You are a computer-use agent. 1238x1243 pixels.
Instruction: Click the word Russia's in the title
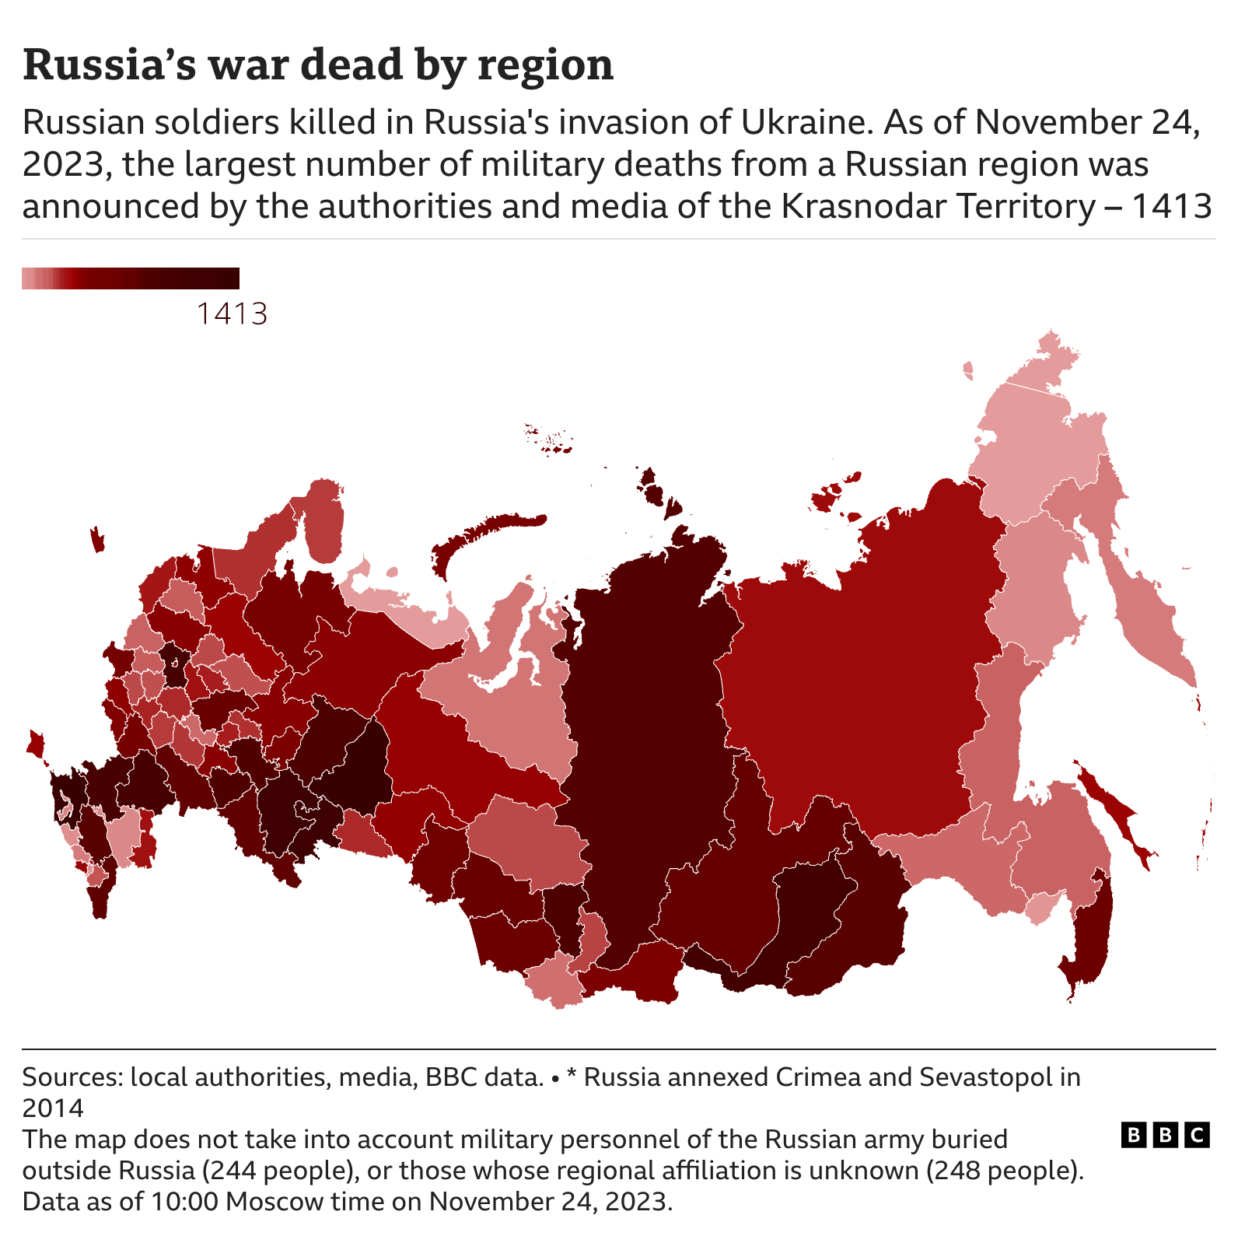[x=109, y=65]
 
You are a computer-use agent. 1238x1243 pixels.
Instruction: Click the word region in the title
[x=545, y=65]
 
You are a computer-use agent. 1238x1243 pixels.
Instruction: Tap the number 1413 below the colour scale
[x=232, y=313]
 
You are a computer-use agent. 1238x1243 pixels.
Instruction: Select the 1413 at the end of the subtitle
[x=1171, y=206]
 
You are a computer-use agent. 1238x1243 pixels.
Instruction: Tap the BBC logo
[x=1165, y=1135]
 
